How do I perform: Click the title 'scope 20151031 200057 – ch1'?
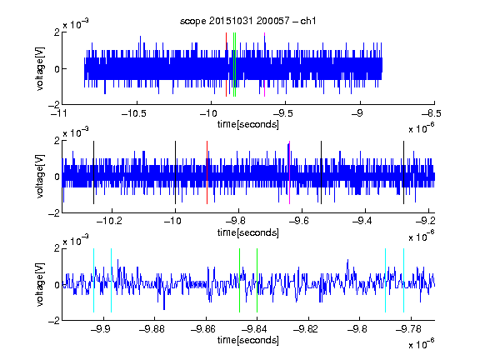coord(248,21)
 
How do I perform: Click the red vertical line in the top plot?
coord(226,65)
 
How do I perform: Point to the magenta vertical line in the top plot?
coord(264,65)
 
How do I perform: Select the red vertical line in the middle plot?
coord(207,172)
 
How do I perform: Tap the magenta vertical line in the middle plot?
coord(289,172)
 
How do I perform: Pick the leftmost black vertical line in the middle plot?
coord(93,172)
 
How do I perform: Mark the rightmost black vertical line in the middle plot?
coord(403,172)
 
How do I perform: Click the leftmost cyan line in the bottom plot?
coord(93,280)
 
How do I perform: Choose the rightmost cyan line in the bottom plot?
coord(403,280)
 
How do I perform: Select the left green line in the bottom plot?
coord(239,280)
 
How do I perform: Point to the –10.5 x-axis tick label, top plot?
coord(134,114)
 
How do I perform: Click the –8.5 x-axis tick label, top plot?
coord(432,114)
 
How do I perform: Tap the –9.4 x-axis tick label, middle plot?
coord(362,221)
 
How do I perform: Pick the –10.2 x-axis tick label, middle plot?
coord(110,221)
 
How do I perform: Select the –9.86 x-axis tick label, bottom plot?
coord(203,329)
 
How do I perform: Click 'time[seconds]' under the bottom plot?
coord(248,340)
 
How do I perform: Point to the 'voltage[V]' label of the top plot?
coord(40,68)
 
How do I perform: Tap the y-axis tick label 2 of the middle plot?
coord(57,141)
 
